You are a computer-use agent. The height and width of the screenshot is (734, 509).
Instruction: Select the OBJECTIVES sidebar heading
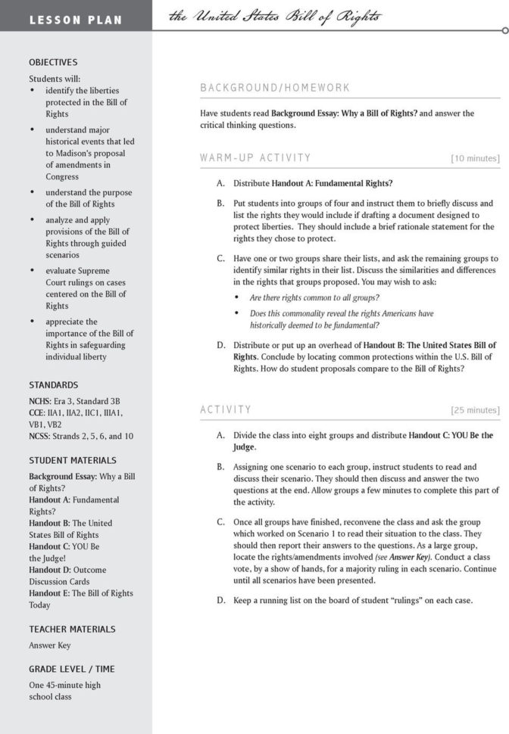[53, 63]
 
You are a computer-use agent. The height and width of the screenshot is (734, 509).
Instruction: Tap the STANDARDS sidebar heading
[53, 385]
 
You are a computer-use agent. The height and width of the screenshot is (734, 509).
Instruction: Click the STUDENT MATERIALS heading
[73, 460]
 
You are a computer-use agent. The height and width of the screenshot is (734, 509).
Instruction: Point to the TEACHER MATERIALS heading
[72, 629]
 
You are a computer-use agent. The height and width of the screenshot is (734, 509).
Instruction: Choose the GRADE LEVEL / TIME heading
[72, 669]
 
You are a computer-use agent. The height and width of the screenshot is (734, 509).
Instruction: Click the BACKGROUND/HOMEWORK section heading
[275, 88]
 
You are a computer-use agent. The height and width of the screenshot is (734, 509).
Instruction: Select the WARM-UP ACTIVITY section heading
[255, 158]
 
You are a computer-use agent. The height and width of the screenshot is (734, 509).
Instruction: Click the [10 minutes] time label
[475, 159]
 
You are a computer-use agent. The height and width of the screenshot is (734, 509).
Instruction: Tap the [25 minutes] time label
[475, 411]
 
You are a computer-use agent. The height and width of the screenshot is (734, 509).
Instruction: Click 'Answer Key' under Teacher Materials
[50, 645]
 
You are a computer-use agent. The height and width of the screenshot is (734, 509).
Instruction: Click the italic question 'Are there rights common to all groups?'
[314, 298]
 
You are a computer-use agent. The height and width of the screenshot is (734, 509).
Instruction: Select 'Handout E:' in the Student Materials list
[49, 593]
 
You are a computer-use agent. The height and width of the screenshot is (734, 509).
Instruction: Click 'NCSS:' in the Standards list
[42, 436]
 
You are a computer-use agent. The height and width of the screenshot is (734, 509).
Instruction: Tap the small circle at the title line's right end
[505, 31]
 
